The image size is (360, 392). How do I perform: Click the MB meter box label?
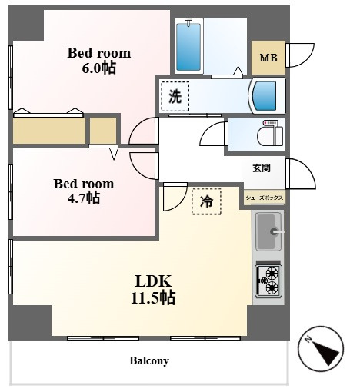[268, 58]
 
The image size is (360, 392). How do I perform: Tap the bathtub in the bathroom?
[188, 46]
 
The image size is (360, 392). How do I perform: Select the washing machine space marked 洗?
[175, 97]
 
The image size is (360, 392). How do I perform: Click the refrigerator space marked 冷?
[206, 201]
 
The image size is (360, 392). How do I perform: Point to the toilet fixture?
[270, 133]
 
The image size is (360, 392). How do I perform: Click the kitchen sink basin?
[269, 231]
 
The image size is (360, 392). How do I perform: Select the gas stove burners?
[268, 281]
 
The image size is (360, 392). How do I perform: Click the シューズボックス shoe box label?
[265, 198]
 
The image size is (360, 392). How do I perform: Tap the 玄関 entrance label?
[262, 168]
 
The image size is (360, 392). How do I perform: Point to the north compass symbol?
[321, 349]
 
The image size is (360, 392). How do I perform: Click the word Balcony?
[149, 360]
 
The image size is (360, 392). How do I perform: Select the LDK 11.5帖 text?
[153, 290]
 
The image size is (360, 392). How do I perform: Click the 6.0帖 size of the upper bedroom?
[99, 68]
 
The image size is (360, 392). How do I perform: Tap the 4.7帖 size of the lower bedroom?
[84, 198]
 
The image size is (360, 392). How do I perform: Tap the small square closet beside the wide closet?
[103, 131]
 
